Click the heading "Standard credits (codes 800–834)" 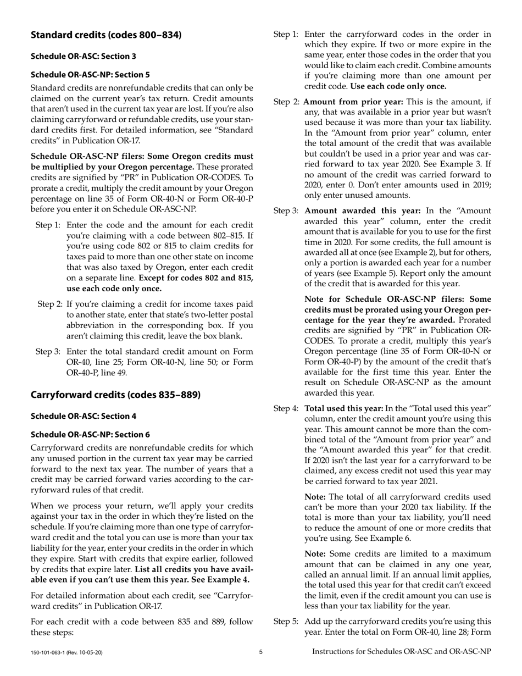pos(105,35)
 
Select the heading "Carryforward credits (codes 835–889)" pos(115,395)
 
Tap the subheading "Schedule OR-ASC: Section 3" pos(83,56)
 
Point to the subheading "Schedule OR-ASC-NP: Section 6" pos(90,434)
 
